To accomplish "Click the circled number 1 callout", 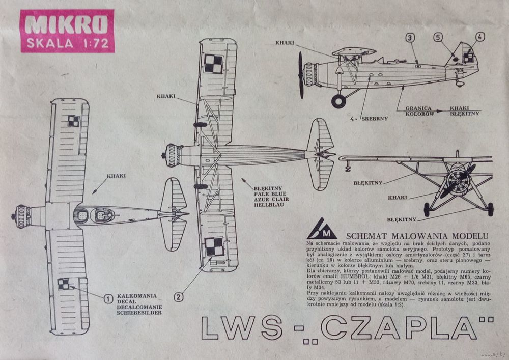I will point(108,299).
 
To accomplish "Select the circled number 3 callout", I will point(410,37).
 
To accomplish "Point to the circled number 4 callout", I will point(480,36).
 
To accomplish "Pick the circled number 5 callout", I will point(438,37).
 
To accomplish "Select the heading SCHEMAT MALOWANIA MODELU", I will point(417,236).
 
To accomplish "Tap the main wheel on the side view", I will point(338,101).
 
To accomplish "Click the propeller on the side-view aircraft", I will point(301,75).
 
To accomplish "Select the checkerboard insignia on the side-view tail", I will point(468,58).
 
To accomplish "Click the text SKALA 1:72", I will point(67,43).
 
